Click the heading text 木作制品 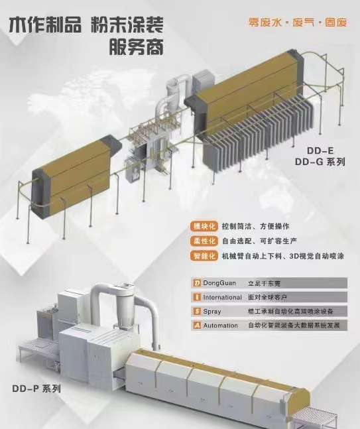click(45, 25)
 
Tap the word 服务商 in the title click(136, 46)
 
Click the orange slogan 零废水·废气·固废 click(298, 22)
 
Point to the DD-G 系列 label click(320, 162)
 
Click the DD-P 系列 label click(36, 389)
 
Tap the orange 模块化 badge click(204, 226)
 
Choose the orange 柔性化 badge click(204, 241)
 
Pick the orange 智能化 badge click(204, 256)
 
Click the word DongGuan click(219, 283)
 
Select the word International click(222, 297)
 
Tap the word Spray click(212, 312)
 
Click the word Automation click(221, 326)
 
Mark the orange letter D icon click(197, 283)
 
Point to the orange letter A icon click(197, 326)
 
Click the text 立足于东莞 click(265, 283)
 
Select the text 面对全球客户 click(267, 297)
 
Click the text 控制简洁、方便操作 click(255, 226)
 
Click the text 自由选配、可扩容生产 click(259, 241)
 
